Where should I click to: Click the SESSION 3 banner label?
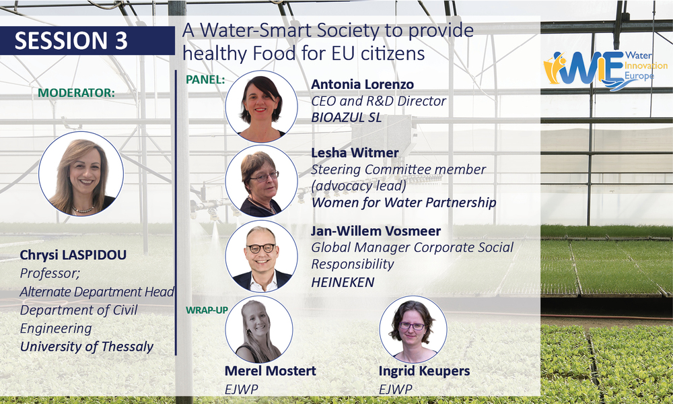point(71,41)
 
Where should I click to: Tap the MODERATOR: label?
point(77,93)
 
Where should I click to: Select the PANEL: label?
point(205,79)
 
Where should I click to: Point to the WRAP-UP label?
point(207,310)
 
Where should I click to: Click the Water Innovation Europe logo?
point(605,69)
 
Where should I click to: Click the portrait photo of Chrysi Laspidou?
point(81,174)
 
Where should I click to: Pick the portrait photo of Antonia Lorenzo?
point(261,106)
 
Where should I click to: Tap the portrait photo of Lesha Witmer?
point(261,180)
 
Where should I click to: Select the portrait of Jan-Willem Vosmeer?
point(261,257)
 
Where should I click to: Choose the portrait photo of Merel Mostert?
point(259,329)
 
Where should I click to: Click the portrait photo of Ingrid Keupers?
point(413,329)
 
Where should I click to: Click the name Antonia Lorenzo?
point(362,84)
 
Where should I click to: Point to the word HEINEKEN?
point(343,282)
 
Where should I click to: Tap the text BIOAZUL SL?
point(347,117)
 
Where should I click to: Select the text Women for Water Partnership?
point(404,202)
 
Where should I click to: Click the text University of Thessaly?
point(87,347)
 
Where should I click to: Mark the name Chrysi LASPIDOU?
point(73,255)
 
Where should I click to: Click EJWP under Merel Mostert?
point(241,389)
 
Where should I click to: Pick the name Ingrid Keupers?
point(424,371)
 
